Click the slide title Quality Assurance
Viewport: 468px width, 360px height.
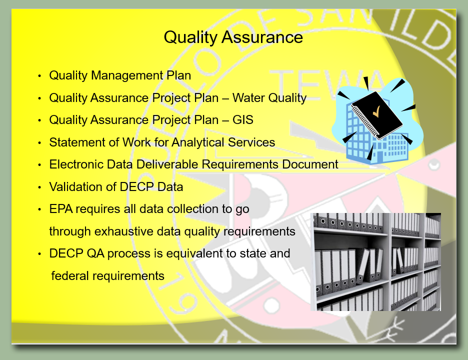pyautogui.click(x=233, y=38)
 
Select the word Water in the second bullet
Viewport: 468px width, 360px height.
pyautogui.click(x=248, y=98)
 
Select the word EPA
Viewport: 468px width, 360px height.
pyautogui.click(x=61, y=209)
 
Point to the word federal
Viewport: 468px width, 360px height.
pyautogui.click(x=70, y=276)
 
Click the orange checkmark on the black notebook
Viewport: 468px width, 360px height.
pyautogui.click(x=376, y=111)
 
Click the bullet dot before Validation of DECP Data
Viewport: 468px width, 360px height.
pyautogui.click(x=39, y=187)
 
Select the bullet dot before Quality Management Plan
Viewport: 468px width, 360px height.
pyautogui.click(x=39, y=76)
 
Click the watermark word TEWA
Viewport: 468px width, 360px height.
pyautogui.click(x=325, y=83)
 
